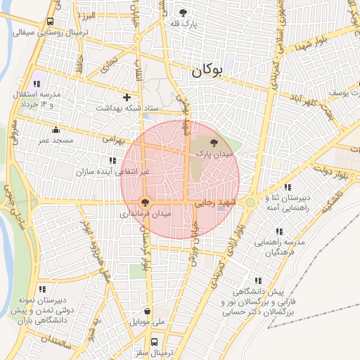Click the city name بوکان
[210, 70]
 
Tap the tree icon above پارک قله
[184, 12]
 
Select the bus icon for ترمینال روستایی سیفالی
[50, 22]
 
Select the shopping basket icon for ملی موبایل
[146, 311]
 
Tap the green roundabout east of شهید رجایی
[250, 202]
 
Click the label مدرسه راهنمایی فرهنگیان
[280, 247]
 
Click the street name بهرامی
[112, 140]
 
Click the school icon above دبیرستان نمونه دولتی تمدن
[42, 289]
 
